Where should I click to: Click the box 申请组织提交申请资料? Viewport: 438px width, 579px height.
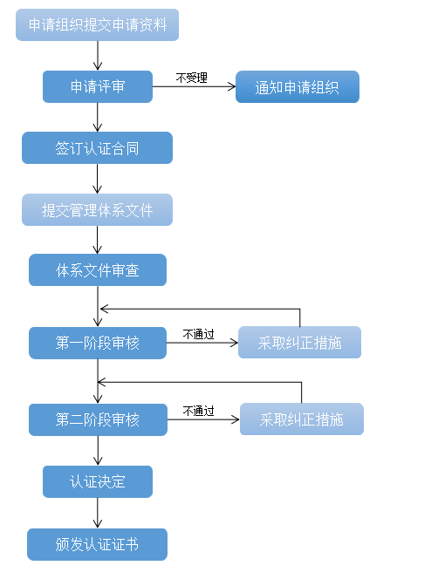tap(97, 24)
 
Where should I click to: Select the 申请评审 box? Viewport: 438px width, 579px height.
tap(98, 87)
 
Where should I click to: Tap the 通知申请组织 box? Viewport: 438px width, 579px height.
tap(298, 87)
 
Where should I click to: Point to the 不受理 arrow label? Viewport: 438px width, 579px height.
tap(191, 78)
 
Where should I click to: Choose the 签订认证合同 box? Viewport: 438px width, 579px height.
tap(97, 147)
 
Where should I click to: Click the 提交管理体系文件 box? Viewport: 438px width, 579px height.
tap(97, 210)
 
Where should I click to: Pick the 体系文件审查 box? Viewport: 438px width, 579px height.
tap(98, 270)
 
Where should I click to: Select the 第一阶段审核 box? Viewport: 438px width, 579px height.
tap(98, 343)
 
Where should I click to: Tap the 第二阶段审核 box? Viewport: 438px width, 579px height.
tap(98, 419)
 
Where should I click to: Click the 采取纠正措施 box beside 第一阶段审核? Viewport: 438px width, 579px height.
tap(300, 343)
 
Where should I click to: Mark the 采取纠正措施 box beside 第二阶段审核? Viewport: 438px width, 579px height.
tap(302, 419)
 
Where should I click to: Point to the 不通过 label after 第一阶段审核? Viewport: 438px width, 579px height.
tap(198, 334)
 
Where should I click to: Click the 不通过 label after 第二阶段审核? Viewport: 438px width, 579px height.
tap(198, 411)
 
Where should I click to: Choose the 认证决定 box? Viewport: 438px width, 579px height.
tap(98, 482)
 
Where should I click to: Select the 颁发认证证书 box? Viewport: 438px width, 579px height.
tap(97, 545)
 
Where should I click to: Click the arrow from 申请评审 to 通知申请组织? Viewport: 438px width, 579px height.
tap(194, 87)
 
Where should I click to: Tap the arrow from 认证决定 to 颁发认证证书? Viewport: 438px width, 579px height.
tap(98, 513)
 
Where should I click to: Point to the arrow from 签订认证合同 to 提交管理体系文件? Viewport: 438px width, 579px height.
tap(97, 179)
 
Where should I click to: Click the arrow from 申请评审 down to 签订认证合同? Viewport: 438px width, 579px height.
tap(97, 117)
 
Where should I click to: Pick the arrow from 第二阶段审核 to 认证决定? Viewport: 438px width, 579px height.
tap(98, 451)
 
